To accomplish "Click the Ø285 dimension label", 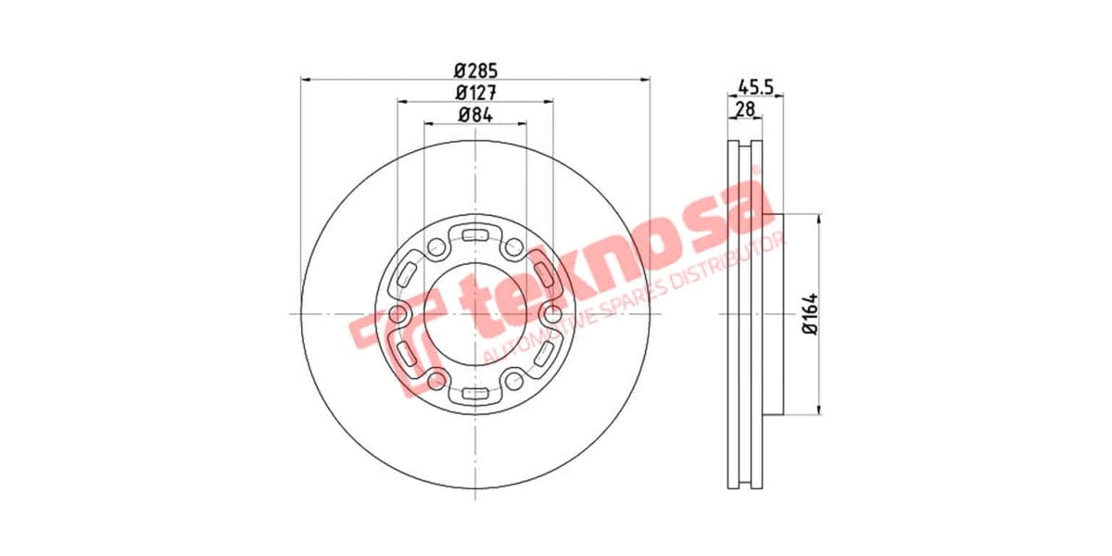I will click(476, 69).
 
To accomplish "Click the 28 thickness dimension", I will click(744, 109).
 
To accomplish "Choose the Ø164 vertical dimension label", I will click(808, 313).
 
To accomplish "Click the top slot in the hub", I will click(475, 233).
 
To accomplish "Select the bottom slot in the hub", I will click(475, 396).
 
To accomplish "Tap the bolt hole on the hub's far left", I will click(398, 314).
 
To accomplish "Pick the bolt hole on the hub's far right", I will click(553, 314).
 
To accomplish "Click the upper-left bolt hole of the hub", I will click(436, 247).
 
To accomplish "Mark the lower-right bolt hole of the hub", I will click(515, 380).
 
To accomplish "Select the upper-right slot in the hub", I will click(542, 271).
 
